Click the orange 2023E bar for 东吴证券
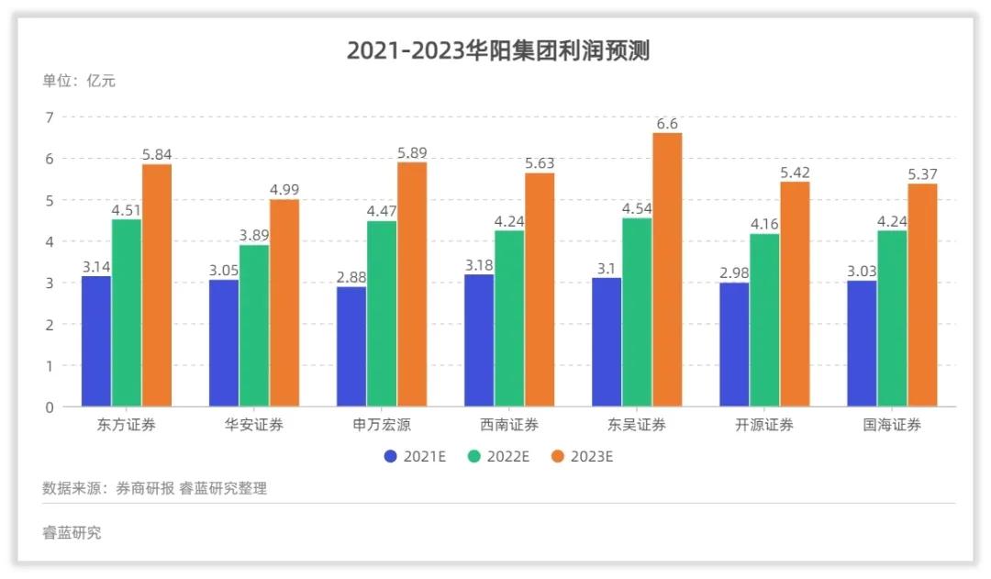(667, 270)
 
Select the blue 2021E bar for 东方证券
(96, 341)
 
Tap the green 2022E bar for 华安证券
(254, 326)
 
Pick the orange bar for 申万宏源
(412, 284)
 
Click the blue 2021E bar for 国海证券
(862, 343)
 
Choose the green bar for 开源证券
(764, 320)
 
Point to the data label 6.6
(667, 123)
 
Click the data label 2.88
(351, 276)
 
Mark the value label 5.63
(540, 163)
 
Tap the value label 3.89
(254, 235)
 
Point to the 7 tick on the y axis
(50, 117)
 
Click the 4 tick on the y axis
(50, 241)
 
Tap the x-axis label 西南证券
(509, 425)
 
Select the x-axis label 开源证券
(764, 425)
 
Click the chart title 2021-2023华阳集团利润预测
(497, 50)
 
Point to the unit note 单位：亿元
(79, 81)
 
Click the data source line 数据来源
(154, 488)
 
